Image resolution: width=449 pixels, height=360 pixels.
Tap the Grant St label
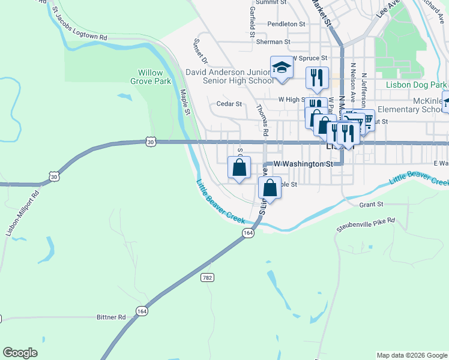(x=371, y=205)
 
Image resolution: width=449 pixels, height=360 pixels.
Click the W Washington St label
(x=303, y=163)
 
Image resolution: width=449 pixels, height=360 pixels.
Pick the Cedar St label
(x=229, y=104)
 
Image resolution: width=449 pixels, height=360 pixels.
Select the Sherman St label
(x=273, y=42)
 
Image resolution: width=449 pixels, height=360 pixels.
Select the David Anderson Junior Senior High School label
(x=229, y=76)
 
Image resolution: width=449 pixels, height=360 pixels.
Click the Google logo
(x=20, y=353)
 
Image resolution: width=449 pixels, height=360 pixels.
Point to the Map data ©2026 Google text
(x=411, y=355)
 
